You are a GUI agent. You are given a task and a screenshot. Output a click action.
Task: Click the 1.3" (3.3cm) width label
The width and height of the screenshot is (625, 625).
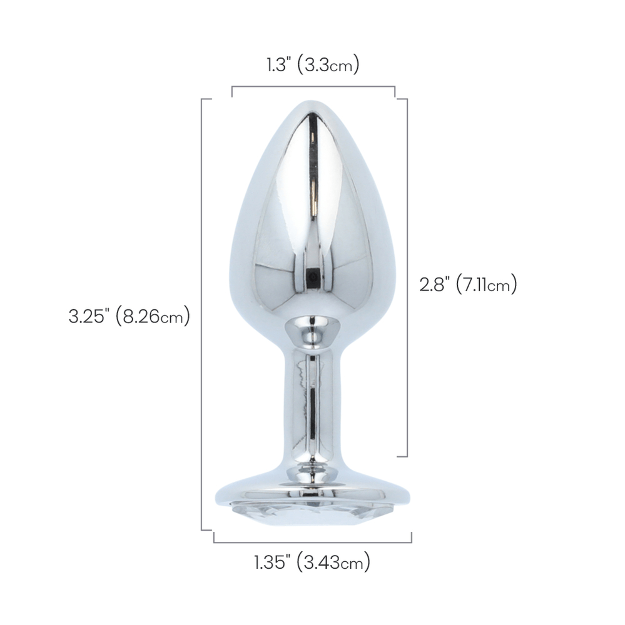pyautogui.click(x=312, y=65)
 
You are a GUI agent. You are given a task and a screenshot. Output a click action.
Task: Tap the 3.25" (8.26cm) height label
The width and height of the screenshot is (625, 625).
pyautogui.click(x=129, y=316)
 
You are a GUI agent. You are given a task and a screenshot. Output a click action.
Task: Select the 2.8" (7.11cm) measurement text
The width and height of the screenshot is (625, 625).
pyautogui.click(x=468, y=285)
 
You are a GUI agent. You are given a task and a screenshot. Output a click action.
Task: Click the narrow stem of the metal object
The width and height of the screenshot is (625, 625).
pyautogui.click(x=312, y=406)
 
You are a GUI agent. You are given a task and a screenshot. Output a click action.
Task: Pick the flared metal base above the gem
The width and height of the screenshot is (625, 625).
pyautogui.click(x=312, y=487)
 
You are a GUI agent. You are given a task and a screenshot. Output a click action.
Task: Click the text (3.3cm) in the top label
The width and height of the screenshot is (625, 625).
pyautogui.click(x=328, y=65)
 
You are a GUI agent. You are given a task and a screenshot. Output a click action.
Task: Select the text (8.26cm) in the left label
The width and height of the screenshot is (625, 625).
pyautogui.click(x=156, y=316)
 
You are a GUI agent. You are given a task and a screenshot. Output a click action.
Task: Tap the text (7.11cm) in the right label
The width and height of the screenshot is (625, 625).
pyautogui.click(x=486, y=285)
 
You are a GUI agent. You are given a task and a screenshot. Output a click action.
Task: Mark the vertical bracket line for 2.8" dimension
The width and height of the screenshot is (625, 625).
pyautogui.click(x=407, y=278)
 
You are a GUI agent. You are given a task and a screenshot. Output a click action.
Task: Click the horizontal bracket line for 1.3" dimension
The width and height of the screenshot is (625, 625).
pyautogui.click(x=313, y=86)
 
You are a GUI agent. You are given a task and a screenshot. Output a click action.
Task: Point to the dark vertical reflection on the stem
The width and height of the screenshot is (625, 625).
pyautogui.click(x=312, y=412)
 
